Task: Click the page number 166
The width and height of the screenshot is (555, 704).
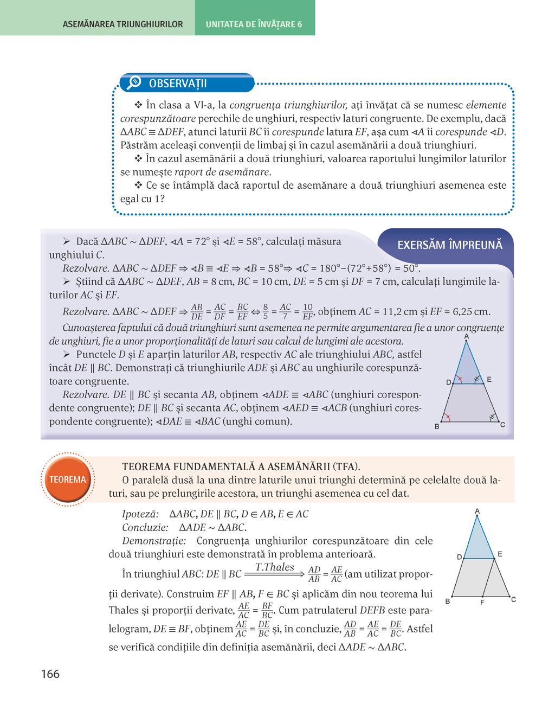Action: [x=50, y=674]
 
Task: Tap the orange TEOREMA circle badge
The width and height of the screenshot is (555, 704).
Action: [x=68, y=479]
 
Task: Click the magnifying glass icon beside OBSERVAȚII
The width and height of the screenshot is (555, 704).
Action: [x=133, y=82]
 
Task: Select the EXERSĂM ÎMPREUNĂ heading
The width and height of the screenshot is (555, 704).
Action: [x=449, y=245]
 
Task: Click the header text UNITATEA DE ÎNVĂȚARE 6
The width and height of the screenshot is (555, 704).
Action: [x=254, y=24]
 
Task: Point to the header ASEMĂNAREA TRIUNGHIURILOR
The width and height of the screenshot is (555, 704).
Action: [x=123, y=24]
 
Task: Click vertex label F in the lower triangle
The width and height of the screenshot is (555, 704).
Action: [x=482, y=603]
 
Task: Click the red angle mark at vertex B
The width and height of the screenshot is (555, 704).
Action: [x=447, y=418]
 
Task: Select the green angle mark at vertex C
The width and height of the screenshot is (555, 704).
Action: [x=492, y=418]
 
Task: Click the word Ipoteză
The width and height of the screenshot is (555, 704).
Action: [x=140, y=514]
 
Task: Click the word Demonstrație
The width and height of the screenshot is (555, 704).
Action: [x=154, y=541]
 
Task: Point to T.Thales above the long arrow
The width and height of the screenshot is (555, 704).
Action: [x=274, y=567]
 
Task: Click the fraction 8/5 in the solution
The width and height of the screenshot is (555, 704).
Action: [x=266, y=311]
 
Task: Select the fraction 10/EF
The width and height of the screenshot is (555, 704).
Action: [x=308, y=311]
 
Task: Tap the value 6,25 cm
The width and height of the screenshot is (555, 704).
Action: [x=471, y=312]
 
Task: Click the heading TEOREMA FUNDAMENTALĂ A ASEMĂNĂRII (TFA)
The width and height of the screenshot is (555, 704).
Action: [x=241, y=466]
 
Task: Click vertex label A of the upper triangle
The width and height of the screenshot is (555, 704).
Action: [x=467, y=337]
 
